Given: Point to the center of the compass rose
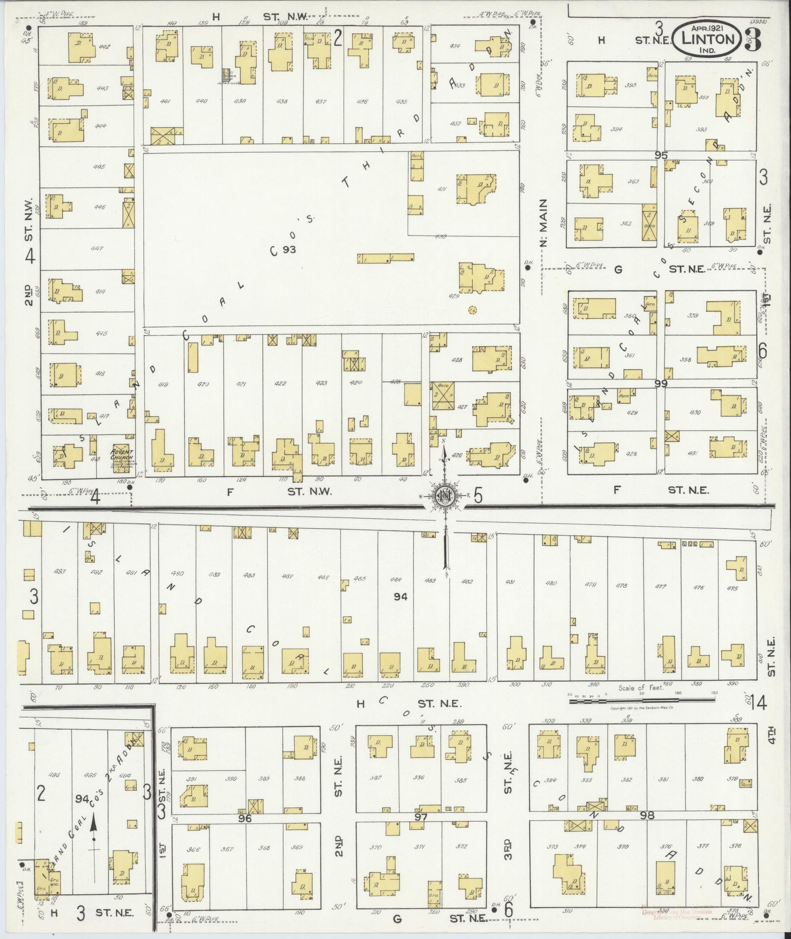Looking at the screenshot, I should point(445,497).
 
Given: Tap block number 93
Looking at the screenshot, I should point(289,249).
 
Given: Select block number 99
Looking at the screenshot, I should point(661,384).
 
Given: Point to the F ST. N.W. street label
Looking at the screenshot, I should point(280,491).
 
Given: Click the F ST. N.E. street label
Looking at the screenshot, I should point(662,489).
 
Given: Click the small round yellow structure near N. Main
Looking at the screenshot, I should point(472,310).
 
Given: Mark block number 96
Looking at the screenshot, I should point(245,819).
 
